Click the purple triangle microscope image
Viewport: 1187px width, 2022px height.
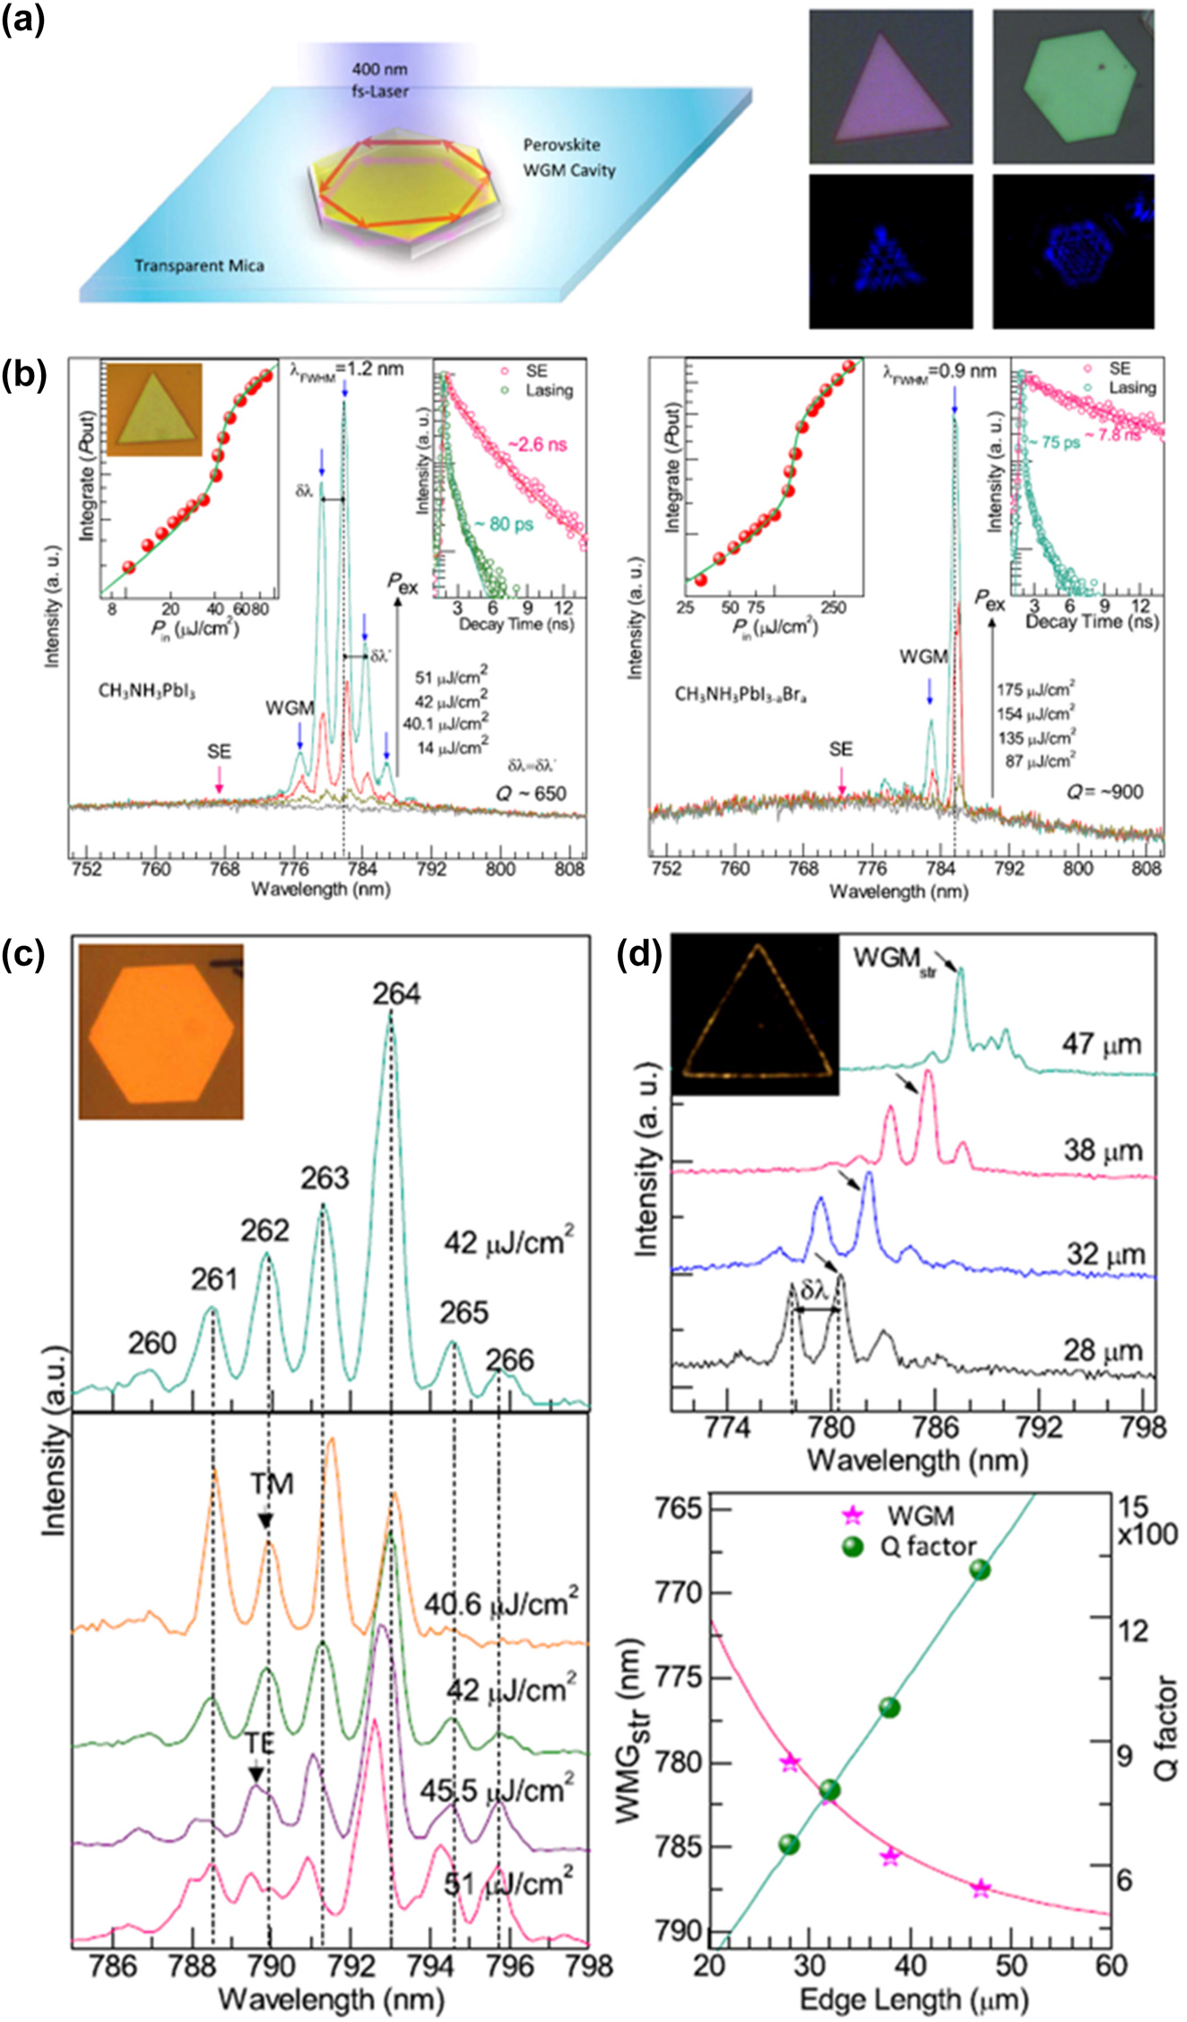tap(890, 87)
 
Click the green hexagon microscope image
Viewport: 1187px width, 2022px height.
tap(1072, 87)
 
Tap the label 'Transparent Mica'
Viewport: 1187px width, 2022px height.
tap(199, 265)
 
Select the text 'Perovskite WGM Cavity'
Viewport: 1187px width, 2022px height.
tap(569, 157)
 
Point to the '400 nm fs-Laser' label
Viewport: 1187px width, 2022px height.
tap(380, 80)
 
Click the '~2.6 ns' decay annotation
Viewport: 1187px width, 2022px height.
tap(538, 445)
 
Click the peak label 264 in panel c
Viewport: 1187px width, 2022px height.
tap(396, 994)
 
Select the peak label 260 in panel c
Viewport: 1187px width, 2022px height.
tap(152, 1343)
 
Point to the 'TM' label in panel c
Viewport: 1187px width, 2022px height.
tap(272, 1485)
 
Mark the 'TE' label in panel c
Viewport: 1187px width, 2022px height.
tap(260, 1743)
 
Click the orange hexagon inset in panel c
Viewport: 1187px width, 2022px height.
tap(161, 1032)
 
